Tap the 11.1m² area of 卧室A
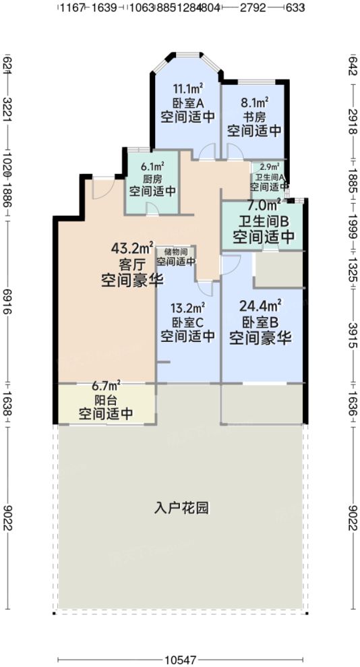(187, 88)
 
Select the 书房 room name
(254, 116)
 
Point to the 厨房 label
(151, 179)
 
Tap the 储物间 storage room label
(176, 252)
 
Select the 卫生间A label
(269, 176)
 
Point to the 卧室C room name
(187, 322)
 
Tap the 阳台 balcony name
(106, 400)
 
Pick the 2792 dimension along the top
(255, 8)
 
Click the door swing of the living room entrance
(102, 188)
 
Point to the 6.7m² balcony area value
(106, 386)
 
